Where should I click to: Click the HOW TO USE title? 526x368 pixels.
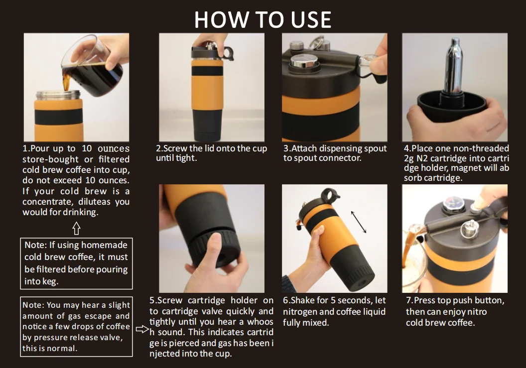263,19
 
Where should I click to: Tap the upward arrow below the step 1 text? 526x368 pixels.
76,229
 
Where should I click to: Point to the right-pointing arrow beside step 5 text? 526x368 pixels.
142,329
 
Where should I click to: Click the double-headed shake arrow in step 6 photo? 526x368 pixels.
359,222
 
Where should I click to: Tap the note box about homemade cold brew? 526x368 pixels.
77,263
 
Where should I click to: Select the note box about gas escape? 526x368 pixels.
77,327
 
